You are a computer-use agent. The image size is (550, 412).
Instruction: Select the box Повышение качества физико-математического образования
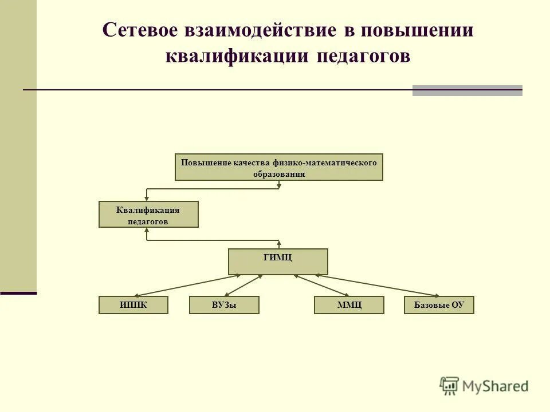click(278, 167)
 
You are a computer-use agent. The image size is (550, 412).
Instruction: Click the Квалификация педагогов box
click(148, 215)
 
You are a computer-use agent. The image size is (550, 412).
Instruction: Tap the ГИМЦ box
click(278, 262)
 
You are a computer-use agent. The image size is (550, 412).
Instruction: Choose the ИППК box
click(133, 305)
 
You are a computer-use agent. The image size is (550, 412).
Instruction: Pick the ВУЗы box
click(224, 305)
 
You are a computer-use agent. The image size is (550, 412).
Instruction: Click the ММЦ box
click(349, 305)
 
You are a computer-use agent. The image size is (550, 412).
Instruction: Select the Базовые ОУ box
click(439, 305)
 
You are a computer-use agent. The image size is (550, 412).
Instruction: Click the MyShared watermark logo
click(485, 386)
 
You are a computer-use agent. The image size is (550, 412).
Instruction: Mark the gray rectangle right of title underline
click(467, 90)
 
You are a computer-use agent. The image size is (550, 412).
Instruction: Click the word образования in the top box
click(279, 174)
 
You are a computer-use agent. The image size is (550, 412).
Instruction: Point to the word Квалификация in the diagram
click(148, 210)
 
